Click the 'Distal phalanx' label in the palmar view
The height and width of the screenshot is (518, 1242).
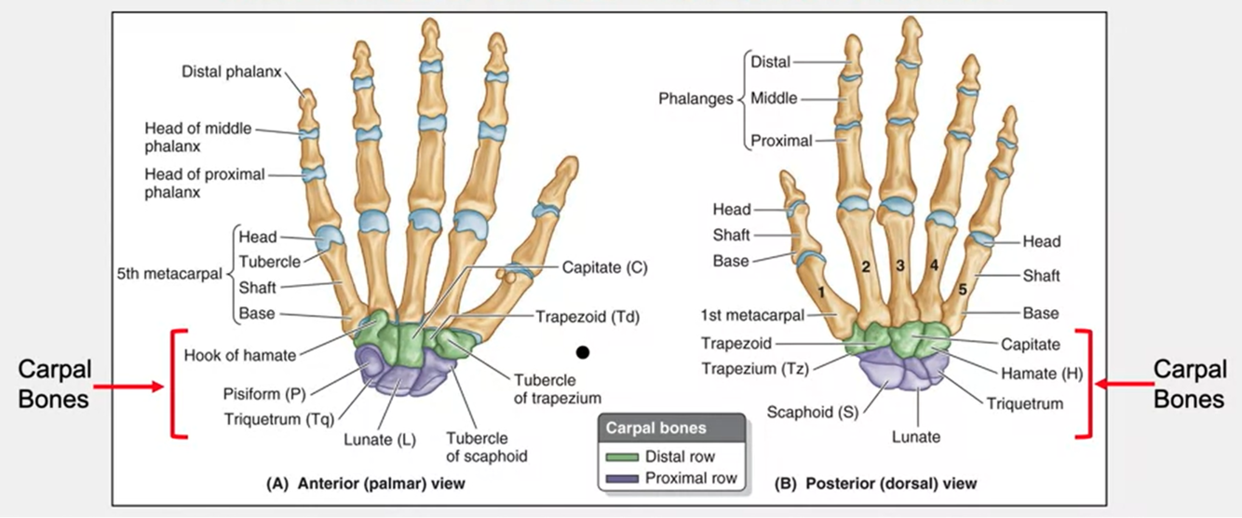pos(231,71)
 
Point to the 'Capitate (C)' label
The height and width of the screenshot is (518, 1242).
pos(605,267)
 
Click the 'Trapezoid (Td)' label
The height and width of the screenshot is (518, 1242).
pos(588,316)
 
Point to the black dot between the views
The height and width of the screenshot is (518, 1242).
pos(583,352)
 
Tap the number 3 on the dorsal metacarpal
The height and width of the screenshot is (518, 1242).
pos(899,266)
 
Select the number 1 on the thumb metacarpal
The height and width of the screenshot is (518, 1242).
pos(821,292)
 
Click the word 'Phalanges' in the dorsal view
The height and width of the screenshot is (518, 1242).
pos(695,98)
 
